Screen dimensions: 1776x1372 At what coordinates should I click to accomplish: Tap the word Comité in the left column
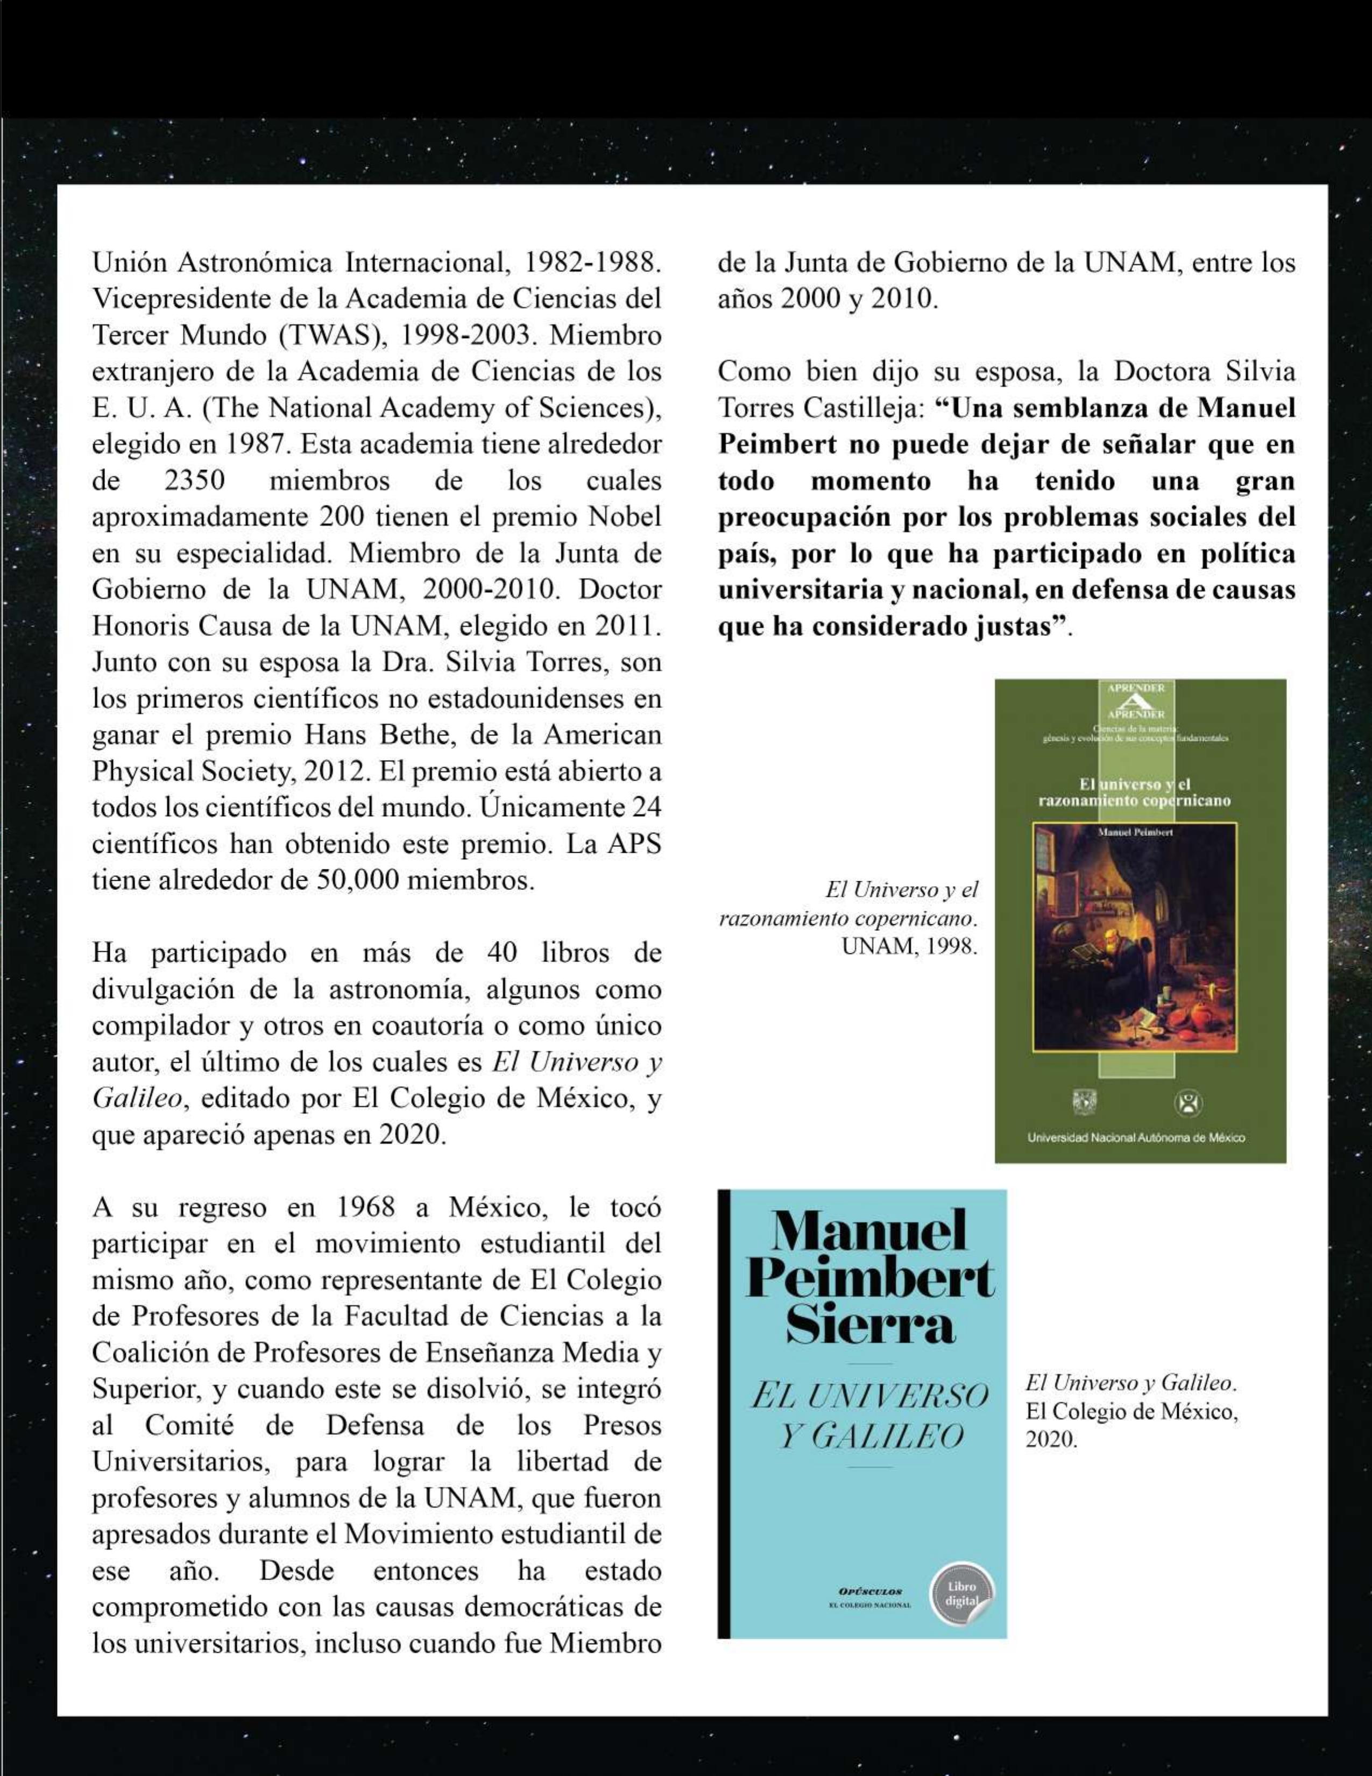click(189, 1426)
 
